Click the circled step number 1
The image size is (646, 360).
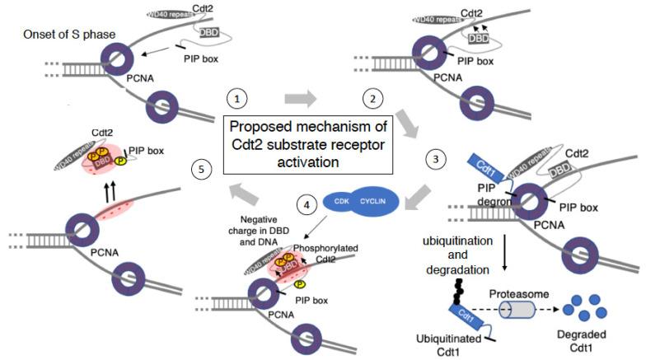237,99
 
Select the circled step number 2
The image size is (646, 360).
372,100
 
